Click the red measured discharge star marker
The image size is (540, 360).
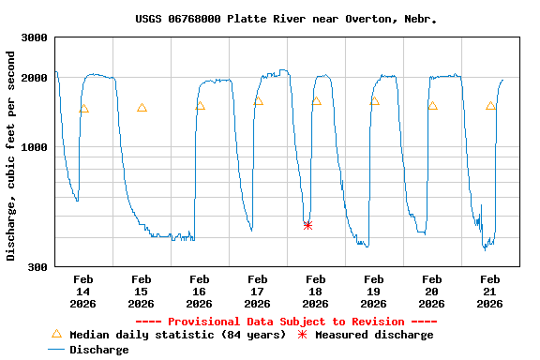tap(307, 225)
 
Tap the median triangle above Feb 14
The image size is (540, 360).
tap(83, 109)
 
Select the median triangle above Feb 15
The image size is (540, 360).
tap(142, 108)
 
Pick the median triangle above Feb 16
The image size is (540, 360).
tap(200, 106)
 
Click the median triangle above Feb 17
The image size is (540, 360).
tap(258, 100)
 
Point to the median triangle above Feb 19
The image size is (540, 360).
tap(374, 100)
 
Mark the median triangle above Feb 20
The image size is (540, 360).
tap(432, 106)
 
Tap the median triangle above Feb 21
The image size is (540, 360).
tap(490, 106)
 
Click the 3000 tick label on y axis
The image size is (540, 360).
tap(35, 37)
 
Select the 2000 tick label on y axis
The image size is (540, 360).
tap(35, 78)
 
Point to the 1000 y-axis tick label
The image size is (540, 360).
tap(35, 147)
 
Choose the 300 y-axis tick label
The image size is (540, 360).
tap(37, 267)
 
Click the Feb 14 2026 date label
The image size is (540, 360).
tap(82, 292)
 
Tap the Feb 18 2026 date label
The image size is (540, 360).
tap(315, 292)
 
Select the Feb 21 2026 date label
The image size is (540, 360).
tap(489, 292)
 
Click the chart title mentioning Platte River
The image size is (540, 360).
tap(286, 19)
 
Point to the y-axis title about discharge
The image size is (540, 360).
tap(11, 156)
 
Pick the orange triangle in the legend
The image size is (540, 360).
tap(56, 334)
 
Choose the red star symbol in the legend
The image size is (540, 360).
tap(302, 335)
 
